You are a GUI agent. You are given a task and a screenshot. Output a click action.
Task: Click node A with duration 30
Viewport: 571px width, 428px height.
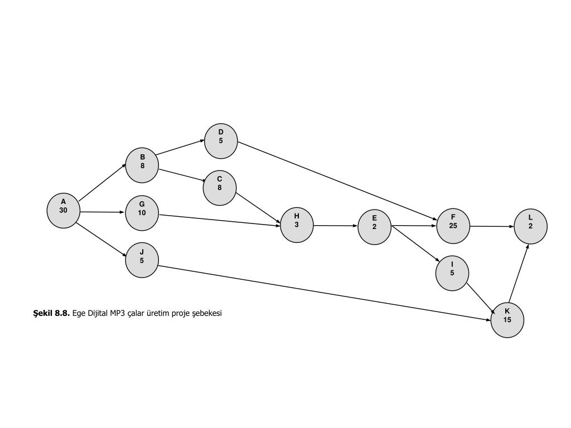pyautogui.click(x=64, y=211)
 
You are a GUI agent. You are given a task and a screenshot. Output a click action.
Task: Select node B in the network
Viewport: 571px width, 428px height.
pyautogui.click(x=142, y=166)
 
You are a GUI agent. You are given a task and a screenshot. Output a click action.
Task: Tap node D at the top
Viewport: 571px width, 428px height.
pyautogui.click(x=221, y=141)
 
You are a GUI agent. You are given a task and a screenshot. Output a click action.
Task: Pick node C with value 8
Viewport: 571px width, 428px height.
pyautogui.click(x=220, y=188)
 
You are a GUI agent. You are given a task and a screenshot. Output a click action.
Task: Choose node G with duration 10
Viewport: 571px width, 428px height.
pyautogui.click(x=142, y=213)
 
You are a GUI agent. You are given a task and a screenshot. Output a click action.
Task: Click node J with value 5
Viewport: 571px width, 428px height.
pyautogui.click(x=142, y=260)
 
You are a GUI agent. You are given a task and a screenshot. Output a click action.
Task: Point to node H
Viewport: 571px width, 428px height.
pyautogui.click(x=297, y=225)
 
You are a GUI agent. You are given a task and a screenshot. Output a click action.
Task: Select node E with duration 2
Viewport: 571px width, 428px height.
pyautogui.click(x=375, y=227)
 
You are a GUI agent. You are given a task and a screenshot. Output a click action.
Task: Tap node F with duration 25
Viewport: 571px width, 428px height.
pyautogui.click(x=453, y=226)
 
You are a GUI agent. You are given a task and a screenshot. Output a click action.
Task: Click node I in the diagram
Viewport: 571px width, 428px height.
pyautogui.click(x=452, y=273)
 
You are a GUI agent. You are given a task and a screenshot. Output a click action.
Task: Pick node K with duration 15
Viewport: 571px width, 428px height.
pyautogui.click(x=507, y=320)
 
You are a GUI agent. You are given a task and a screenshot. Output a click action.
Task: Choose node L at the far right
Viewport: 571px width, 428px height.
pyautogui.click(x=530, y=226)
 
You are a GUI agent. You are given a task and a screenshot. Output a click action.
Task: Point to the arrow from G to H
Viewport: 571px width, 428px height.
pyautogui.click(x=220, y=220)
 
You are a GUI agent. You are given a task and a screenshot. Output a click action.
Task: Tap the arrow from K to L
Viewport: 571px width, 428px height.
pyautogui.click(x=519, y=273)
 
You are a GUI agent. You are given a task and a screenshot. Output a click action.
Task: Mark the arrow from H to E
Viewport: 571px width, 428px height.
pyautogui.click(x=335, y=226)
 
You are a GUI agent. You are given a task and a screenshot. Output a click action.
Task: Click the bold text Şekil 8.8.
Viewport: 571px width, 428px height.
pyautogui.click(x=51, y=313)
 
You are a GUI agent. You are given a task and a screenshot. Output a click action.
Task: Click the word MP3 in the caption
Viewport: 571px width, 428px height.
pyautogui.click(x=119, y=313)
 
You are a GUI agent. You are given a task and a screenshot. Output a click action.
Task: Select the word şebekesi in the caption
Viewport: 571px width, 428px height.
pyautogui.click(x=207, y=313)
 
